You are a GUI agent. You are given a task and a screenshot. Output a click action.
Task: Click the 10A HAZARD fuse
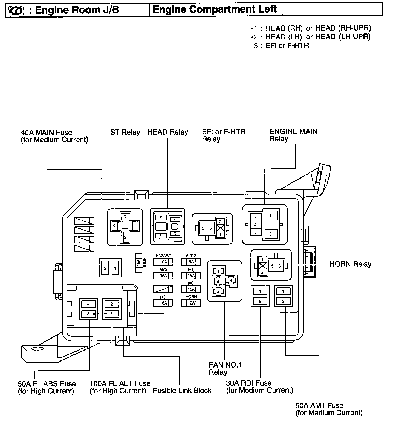pos(163,262)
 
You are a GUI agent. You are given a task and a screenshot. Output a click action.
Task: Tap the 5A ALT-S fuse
pos(191,262)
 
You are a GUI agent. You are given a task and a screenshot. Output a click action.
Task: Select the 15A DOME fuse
pos(138,262)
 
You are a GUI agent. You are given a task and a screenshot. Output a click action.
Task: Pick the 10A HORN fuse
pos(191,303)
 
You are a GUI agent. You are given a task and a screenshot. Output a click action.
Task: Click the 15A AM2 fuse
pos(163,276)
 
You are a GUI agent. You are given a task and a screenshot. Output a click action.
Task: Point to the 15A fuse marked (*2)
pos(163,303)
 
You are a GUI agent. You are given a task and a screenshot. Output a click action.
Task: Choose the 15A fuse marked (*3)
pos(191,289)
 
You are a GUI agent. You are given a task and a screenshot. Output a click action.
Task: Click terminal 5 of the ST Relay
pos(125,216)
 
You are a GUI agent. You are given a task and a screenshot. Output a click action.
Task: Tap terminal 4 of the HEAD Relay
pos(175,220)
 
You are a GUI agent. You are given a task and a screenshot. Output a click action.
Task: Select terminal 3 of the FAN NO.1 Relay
pos(231,281)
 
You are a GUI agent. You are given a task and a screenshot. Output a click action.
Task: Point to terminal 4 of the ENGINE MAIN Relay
pos(255,225)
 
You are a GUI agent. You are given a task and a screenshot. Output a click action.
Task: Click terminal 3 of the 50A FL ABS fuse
pos(88,314)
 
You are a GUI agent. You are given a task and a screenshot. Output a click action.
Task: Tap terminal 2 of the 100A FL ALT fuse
pos(112,304)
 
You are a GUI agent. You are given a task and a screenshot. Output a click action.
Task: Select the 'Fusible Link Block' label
pos(182,391)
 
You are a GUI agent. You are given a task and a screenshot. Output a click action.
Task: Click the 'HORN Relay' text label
pos(350,264)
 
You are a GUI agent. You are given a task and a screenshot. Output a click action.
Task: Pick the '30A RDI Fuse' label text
pos(249,383)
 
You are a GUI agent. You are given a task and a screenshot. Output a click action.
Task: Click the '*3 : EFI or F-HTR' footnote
pos(280,46)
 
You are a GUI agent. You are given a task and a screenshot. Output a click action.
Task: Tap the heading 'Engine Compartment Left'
pos(215,9)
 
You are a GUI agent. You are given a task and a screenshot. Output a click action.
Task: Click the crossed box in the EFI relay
pos(220,228)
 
